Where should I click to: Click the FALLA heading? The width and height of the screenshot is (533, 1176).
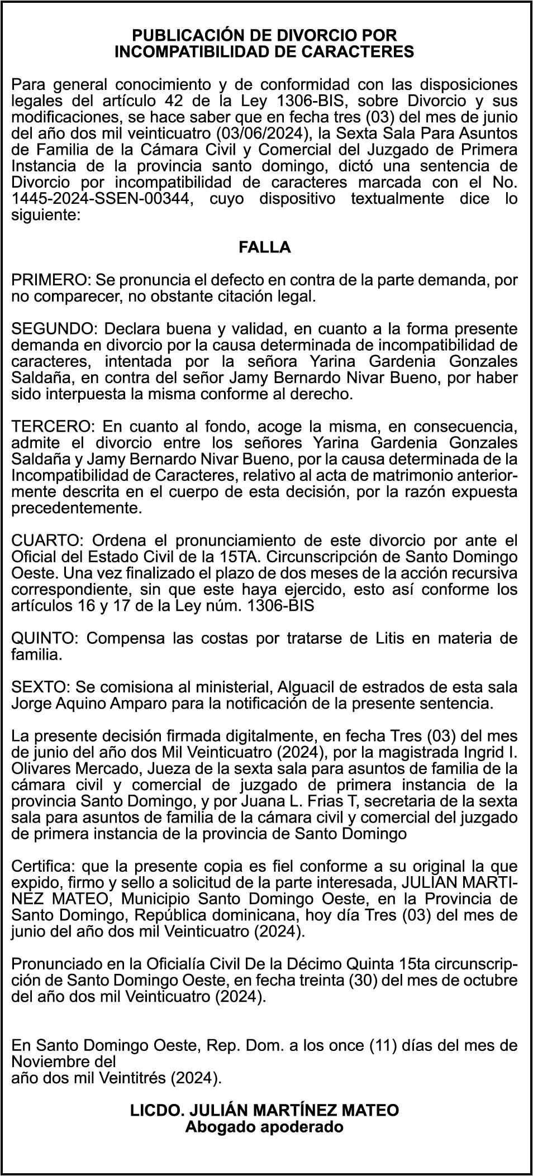pyautogui.click(x=265, y=247)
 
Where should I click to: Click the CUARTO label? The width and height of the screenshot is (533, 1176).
pyautogui.click(x=46, y=541)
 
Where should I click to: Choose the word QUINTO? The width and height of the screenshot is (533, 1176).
pyautogui.click(x=43, y=638)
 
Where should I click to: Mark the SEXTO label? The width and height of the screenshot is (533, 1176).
pyautogui.click(x=40, y=687)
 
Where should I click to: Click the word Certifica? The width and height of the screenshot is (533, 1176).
pyautogui.click(x=44, y=866)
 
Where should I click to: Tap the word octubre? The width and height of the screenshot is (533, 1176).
pyautogui.click(x=487, y=981)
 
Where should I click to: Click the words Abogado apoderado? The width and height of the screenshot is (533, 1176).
pyautogui.click(x=264, y=1127)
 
